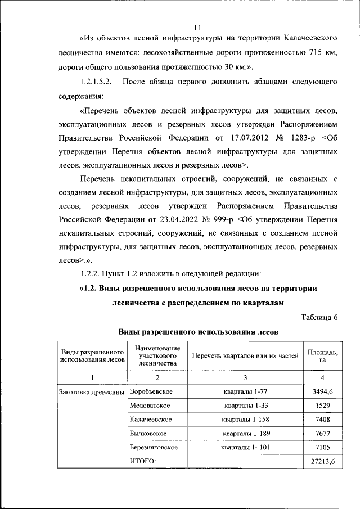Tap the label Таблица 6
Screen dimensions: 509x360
click(319, 317)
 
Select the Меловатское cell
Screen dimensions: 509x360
click(150, 405)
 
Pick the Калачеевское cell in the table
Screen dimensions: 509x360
click(151, 419)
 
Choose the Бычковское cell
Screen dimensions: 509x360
click(148, 433)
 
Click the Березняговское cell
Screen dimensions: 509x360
click(154, 447)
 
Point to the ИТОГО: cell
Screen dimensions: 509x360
click(142, 461)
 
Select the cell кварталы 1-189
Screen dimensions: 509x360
click(245, 433)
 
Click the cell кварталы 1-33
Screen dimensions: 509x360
click(245, 405)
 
